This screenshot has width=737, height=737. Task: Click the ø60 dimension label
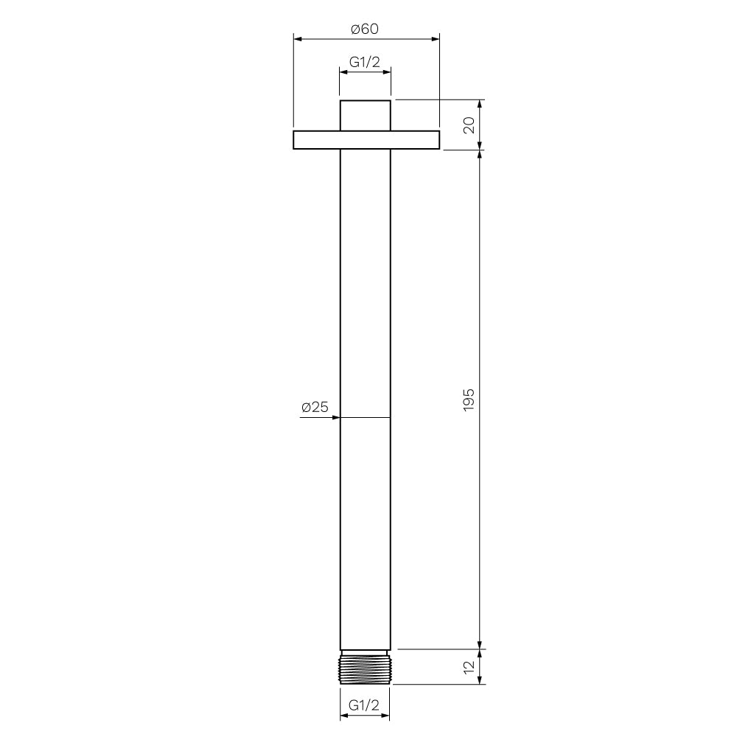tap(365, 29)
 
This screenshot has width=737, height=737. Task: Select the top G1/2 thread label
tap(365, 63)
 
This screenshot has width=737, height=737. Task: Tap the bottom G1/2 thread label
tap(364, 705)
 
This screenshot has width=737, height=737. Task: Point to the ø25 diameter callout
tap(315, 407)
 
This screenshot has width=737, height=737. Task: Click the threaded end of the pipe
tap(365, 667)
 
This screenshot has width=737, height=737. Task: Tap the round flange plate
tap(366, 140)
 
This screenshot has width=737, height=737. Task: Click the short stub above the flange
tap(365, 115)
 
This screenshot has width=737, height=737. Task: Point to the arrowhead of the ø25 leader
tap(336, 418)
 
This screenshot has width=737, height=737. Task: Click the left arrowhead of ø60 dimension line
tap(297, 38)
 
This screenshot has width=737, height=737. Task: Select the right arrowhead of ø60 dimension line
tap(436, 38)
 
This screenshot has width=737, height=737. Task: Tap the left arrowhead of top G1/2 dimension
tap(343, 71)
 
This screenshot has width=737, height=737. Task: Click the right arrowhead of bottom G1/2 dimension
tap(386, 716)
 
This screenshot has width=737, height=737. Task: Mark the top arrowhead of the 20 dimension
tap(481, 104)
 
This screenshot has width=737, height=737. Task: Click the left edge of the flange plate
tap(294, 140)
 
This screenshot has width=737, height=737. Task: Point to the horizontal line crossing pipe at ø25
tap(365, 418)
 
